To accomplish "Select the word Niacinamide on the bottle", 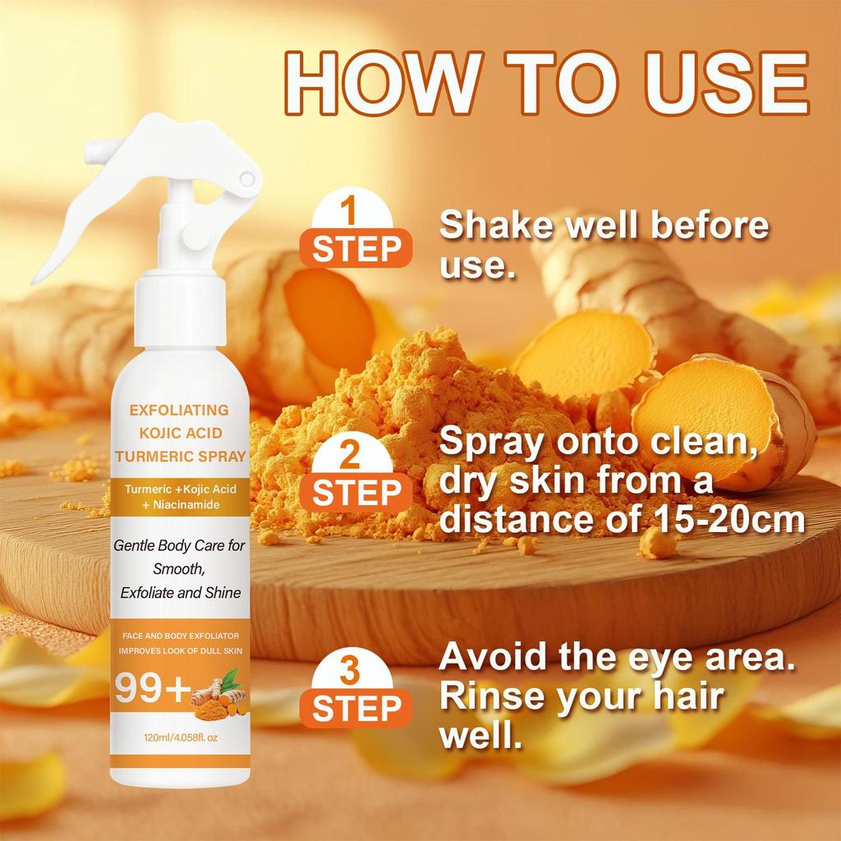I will click(x=183, y=505).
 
